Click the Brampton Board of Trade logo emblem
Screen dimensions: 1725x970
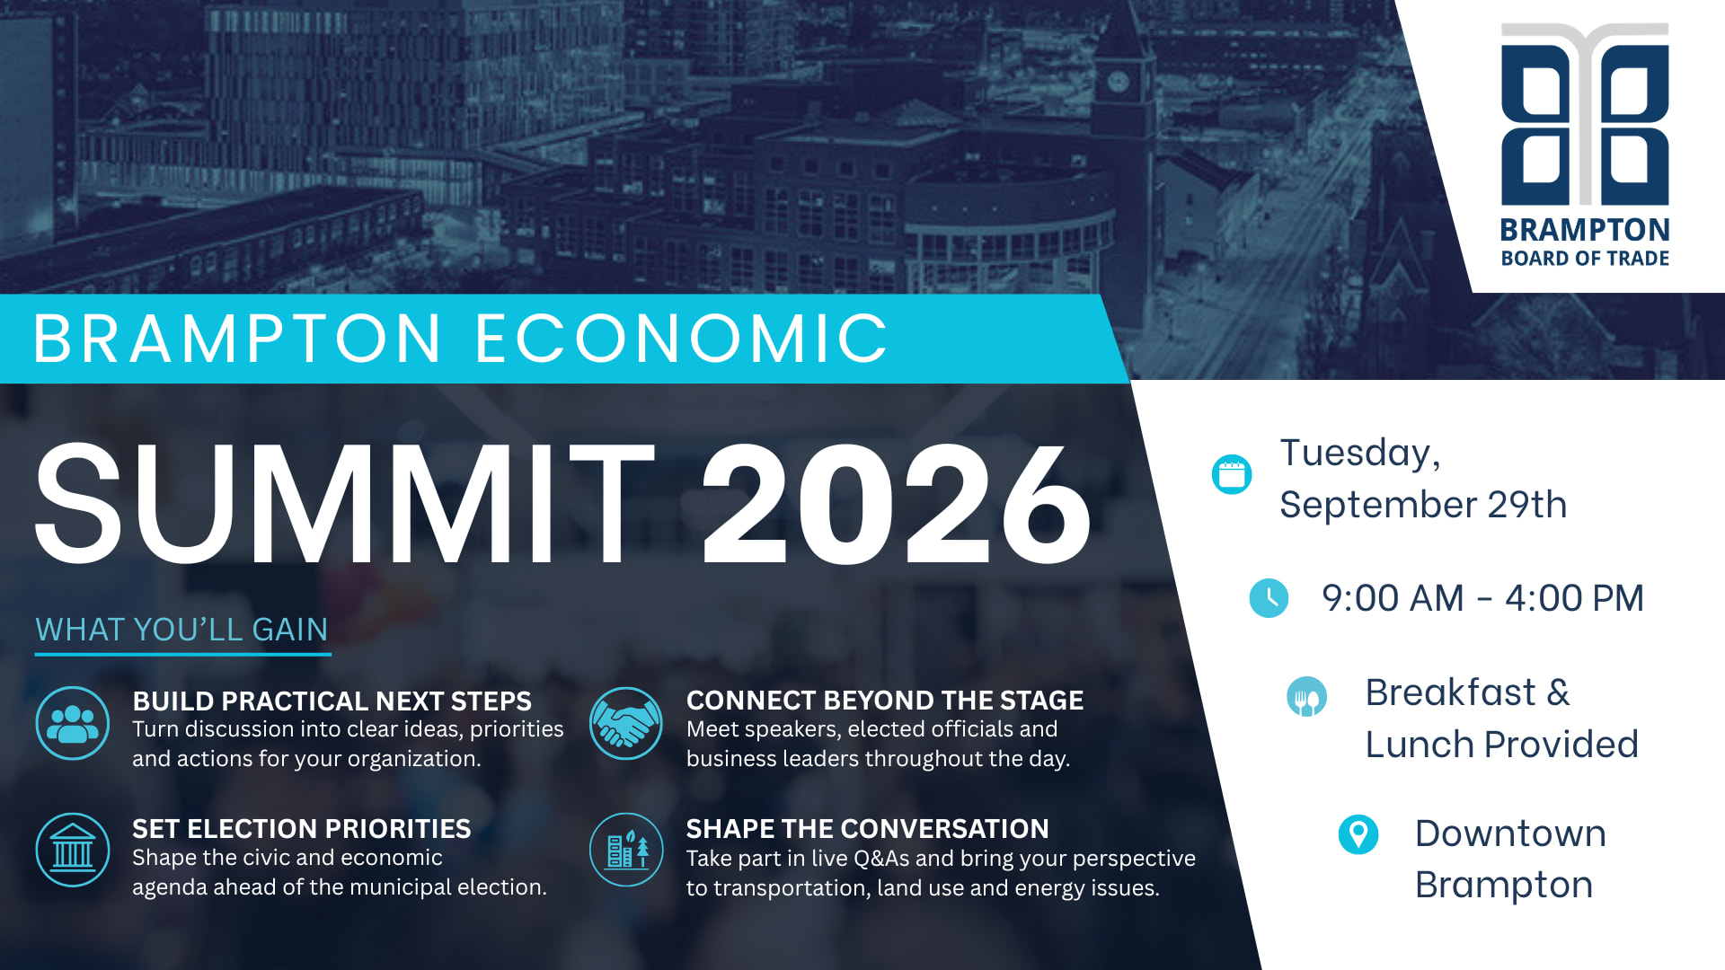point(1585,114)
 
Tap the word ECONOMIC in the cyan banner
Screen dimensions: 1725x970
point(682,339)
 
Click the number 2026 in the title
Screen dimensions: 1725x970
point(897,504)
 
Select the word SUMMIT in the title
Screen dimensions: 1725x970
point(345,504)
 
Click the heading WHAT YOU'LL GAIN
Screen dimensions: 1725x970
point(181,630)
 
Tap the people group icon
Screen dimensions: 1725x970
point(73,723)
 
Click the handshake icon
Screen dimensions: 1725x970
point(626,723)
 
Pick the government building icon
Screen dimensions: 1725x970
point(73,850)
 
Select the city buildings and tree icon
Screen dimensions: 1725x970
point(626,850)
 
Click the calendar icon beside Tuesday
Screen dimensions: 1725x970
point(1232,474)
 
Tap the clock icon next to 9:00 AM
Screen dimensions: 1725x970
point(1269,598)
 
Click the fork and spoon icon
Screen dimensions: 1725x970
point(1306,696)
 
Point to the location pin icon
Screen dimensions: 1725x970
point(1358,834)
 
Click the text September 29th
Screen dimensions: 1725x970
point(1423,505)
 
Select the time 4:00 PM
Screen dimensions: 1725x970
point(1574,598)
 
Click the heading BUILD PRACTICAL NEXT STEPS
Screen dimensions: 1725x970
point(332,701)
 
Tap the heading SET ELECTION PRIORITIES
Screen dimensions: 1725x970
point(301,828)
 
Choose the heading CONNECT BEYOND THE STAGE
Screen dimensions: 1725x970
point(885,700)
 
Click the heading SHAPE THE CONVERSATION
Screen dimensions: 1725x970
point(867,828)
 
